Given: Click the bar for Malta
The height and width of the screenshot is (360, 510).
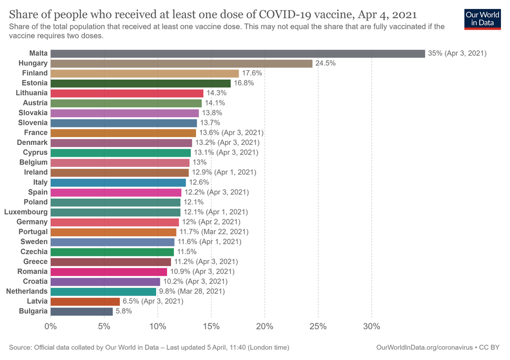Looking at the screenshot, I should coord(237,54).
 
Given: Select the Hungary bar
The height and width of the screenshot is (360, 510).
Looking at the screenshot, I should coord(181,63).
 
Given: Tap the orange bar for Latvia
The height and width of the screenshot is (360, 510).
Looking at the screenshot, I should coord(85,301).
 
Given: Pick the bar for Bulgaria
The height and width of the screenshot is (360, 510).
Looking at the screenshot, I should coord(81,311).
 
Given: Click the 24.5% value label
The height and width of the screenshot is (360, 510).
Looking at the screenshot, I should coord(326,63).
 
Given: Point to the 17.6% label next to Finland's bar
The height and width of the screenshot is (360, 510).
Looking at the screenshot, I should coord(252,73).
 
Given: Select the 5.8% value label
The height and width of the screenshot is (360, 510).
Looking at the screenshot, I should coord(124,311).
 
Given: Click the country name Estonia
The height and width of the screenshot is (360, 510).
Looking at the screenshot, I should coord(35,83).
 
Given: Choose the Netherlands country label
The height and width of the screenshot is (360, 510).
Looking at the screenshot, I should coord(27,291).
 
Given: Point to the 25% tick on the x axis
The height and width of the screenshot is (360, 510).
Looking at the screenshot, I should coord(318,325).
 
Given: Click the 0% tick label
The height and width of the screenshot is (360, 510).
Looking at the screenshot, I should coord(50,325).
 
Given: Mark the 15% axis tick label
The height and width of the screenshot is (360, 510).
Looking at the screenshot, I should coord(211,325).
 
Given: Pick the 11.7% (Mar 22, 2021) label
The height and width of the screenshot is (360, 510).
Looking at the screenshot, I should coord(213,232).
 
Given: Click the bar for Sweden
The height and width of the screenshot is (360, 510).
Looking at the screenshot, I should coord(112,242).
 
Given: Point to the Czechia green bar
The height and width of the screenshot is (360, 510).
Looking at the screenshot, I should coord(112,252).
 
